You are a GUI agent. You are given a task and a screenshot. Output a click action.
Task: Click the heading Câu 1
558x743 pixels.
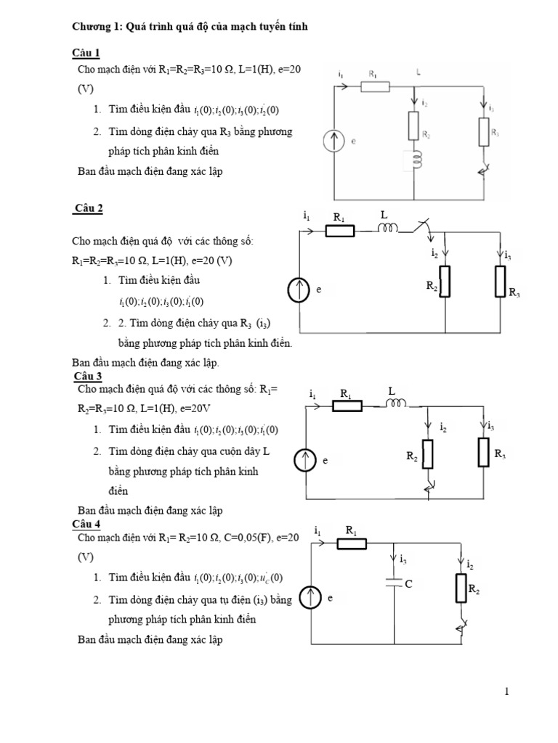[x=86, y=53]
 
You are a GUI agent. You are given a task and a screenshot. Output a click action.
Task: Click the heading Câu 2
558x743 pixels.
[x=89, y=208]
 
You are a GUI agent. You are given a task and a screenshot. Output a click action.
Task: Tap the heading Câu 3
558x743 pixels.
[x=88, y=376]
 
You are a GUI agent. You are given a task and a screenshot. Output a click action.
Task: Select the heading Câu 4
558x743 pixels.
[x=86, y=524]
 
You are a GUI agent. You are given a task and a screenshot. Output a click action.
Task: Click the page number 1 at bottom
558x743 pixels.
[x=506, y=691]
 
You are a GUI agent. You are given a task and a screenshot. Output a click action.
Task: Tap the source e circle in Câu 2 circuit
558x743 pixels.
[x=298, y=290]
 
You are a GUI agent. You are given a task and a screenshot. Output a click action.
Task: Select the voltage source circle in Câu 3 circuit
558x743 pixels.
[x=305, y=459]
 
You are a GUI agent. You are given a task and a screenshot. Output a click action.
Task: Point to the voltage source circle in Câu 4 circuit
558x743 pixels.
[x=310, y=597]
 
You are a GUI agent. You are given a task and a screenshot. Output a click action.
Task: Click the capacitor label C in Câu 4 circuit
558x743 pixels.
[x=409, y=583]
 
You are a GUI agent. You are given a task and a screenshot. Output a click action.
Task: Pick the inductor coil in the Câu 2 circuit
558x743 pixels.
[x=387, y=229]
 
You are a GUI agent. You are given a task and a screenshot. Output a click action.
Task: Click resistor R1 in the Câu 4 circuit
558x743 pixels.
[x=351, y=543]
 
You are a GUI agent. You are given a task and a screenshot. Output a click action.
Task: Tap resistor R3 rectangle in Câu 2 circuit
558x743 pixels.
[x=500, y=281]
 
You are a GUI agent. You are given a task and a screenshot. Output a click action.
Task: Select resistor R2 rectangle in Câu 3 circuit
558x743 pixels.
[x=427, y=454]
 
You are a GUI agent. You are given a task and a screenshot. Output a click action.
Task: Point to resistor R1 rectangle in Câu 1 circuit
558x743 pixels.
[x=376, y=87]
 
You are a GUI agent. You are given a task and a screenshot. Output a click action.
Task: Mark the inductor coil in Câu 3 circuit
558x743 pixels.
[x=397, y=404]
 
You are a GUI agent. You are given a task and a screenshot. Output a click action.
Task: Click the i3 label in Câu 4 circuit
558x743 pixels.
[x=403, y=559]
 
